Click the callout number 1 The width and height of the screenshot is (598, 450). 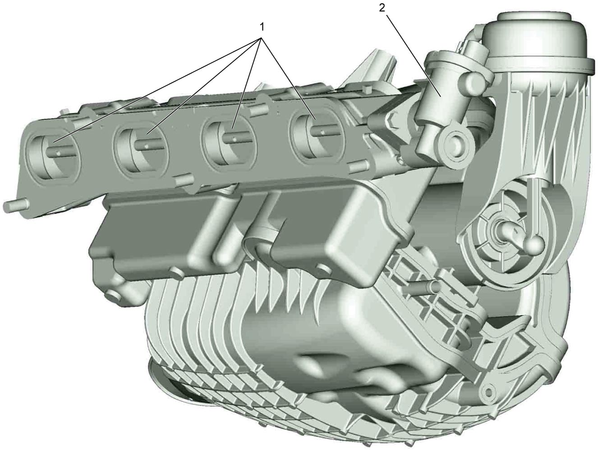pyautogui.click(x=262, y=27)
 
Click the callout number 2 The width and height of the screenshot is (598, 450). pyautogui.click(x=382, y=8)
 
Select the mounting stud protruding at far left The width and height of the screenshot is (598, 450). pyautogui.click(x=15, y=205)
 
